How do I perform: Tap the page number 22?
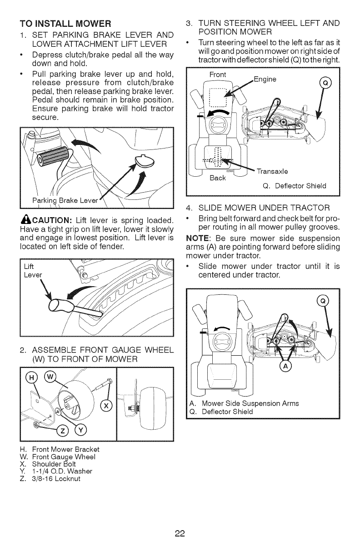[x=180, y=533]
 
